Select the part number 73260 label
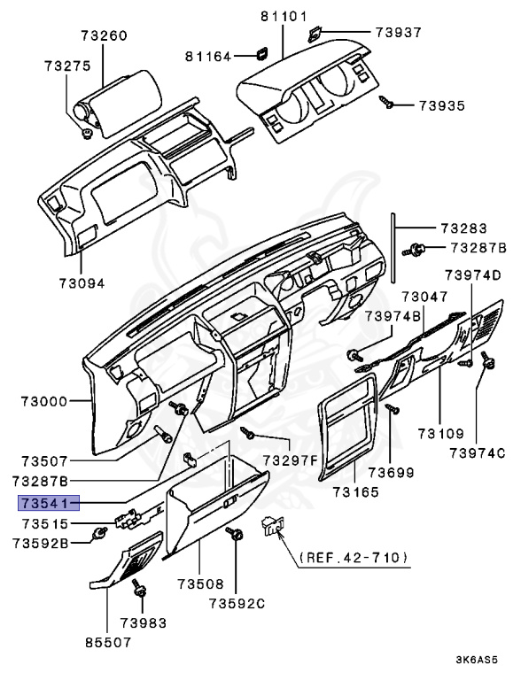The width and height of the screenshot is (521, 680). (104, 36)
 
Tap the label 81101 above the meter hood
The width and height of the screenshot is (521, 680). (283, 16)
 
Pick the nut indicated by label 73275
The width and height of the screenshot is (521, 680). (87, 134)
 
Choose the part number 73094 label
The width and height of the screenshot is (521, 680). (82, 283)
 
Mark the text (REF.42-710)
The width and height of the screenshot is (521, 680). (354, 558)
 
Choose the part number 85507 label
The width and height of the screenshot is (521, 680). (105, 644)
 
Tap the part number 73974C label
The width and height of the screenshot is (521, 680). (476, 453)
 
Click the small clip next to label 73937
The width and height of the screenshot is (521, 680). (315, 35)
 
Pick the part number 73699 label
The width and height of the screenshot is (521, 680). (391, 472)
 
